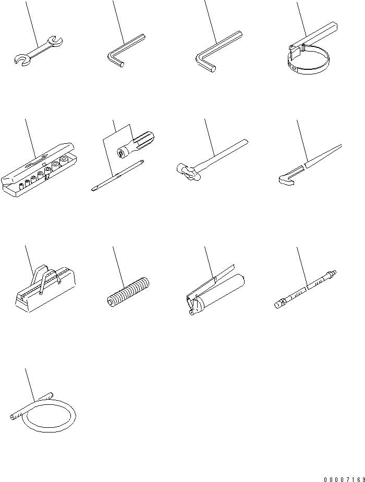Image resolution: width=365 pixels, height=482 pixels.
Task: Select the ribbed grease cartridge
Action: point(127,292)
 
